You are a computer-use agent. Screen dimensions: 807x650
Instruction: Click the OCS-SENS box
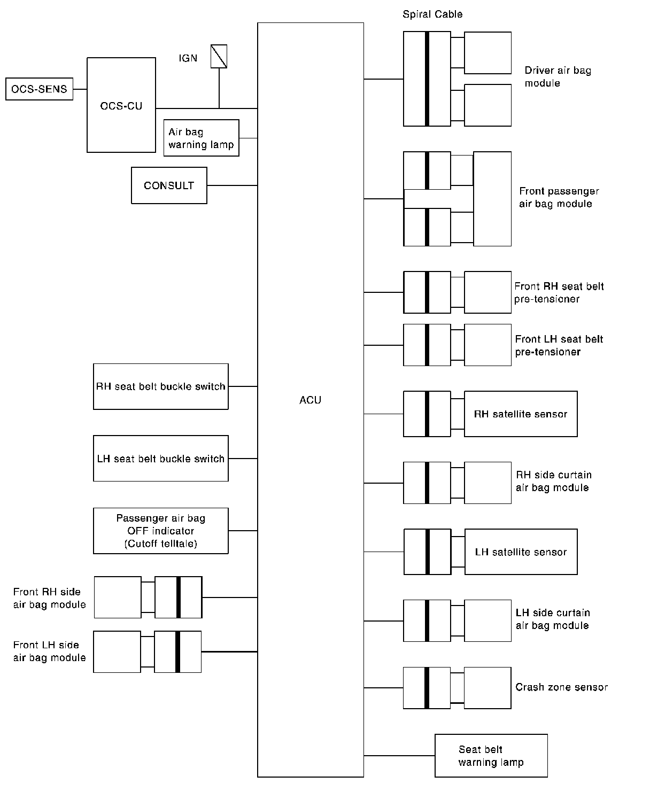39,89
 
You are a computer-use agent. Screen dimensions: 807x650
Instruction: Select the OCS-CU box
121,105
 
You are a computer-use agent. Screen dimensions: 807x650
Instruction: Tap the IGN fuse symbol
219,56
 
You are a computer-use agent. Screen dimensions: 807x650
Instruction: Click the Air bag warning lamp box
201,138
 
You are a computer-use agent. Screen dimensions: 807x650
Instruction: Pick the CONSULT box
169,185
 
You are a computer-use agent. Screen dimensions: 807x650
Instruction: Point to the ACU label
310,400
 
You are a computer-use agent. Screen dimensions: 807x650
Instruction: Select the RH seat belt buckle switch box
160,386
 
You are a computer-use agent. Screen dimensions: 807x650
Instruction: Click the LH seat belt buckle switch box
160,459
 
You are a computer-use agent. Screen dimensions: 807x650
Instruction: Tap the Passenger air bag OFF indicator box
160,531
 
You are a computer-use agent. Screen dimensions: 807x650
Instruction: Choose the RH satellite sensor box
521,414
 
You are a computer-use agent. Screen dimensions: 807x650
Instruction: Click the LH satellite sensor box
521,552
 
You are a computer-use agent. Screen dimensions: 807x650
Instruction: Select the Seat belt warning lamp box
491,756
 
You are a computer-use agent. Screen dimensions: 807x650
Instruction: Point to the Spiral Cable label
432,14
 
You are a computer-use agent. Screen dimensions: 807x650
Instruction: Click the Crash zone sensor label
561,687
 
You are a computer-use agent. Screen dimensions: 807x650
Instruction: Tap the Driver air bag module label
558,77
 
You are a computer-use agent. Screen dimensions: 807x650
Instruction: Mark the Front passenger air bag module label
559,197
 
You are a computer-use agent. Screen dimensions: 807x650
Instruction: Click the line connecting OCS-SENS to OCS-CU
80,89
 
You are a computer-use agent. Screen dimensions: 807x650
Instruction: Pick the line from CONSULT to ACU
232,185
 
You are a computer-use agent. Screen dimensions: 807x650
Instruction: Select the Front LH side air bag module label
49,651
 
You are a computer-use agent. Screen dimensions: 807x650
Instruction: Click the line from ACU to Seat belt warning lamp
399,756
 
